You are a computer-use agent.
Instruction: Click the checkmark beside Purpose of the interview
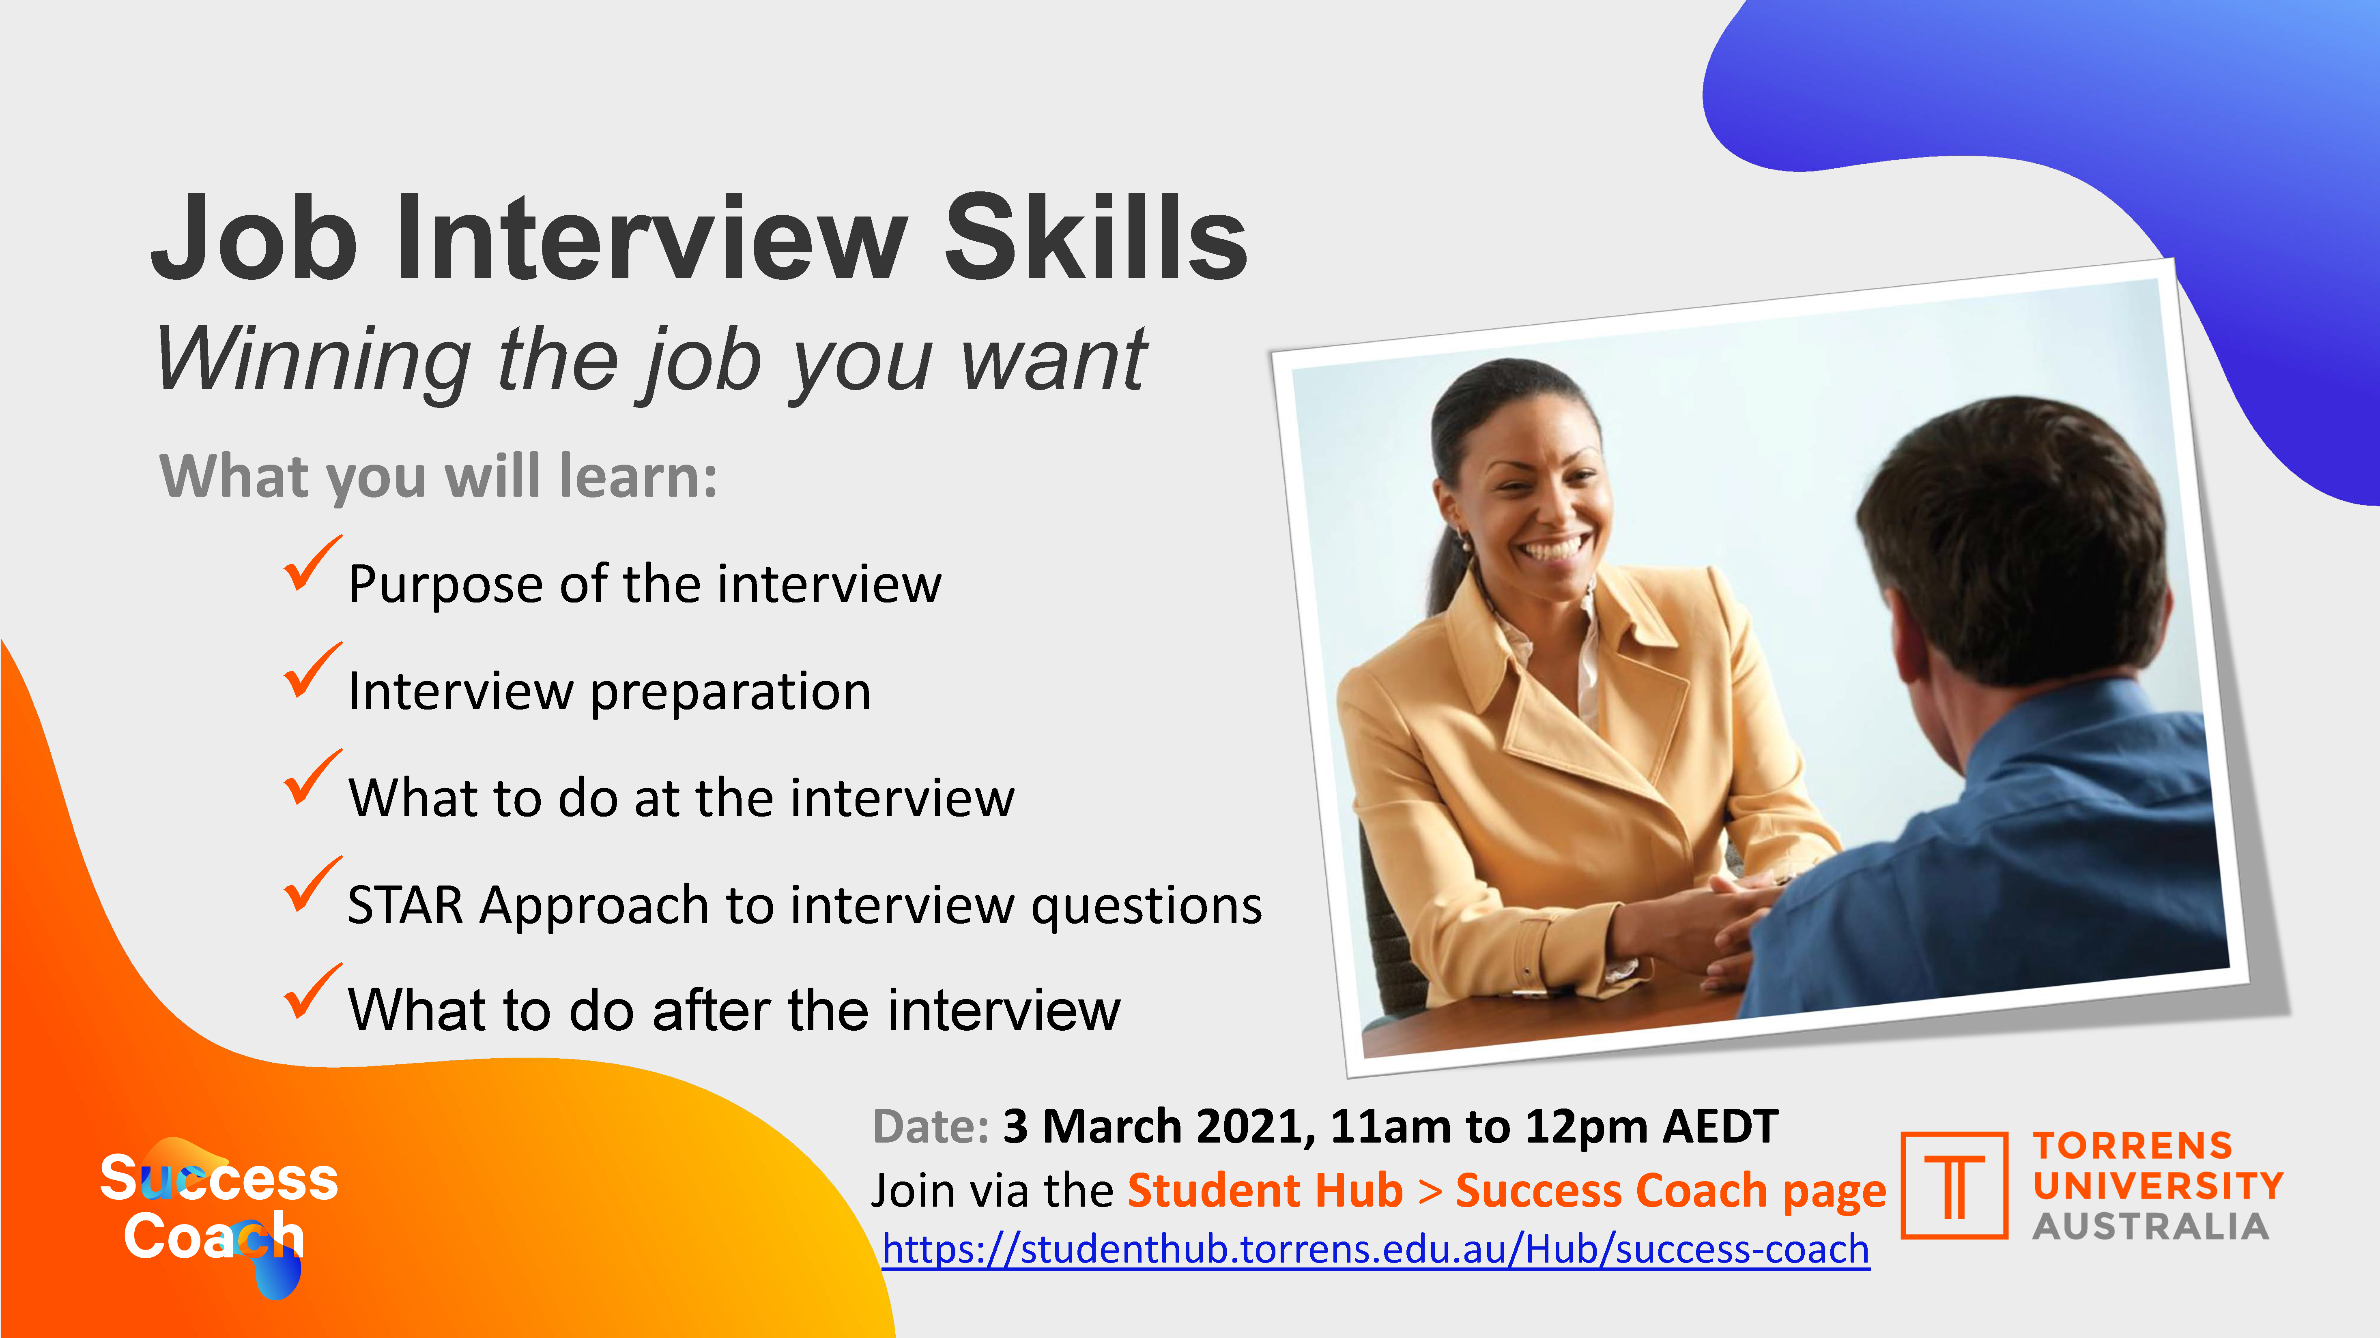click(x=312, y=564)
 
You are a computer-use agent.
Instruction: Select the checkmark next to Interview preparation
click(x=312, y=671)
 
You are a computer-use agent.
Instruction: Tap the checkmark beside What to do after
click(x=312, y=992)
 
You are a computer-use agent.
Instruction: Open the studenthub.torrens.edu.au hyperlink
click(x=1376, y=1249)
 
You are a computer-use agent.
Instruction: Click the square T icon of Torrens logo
click(x=1954, y=1186)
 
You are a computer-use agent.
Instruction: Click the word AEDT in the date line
click(x=1720, y=1126)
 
